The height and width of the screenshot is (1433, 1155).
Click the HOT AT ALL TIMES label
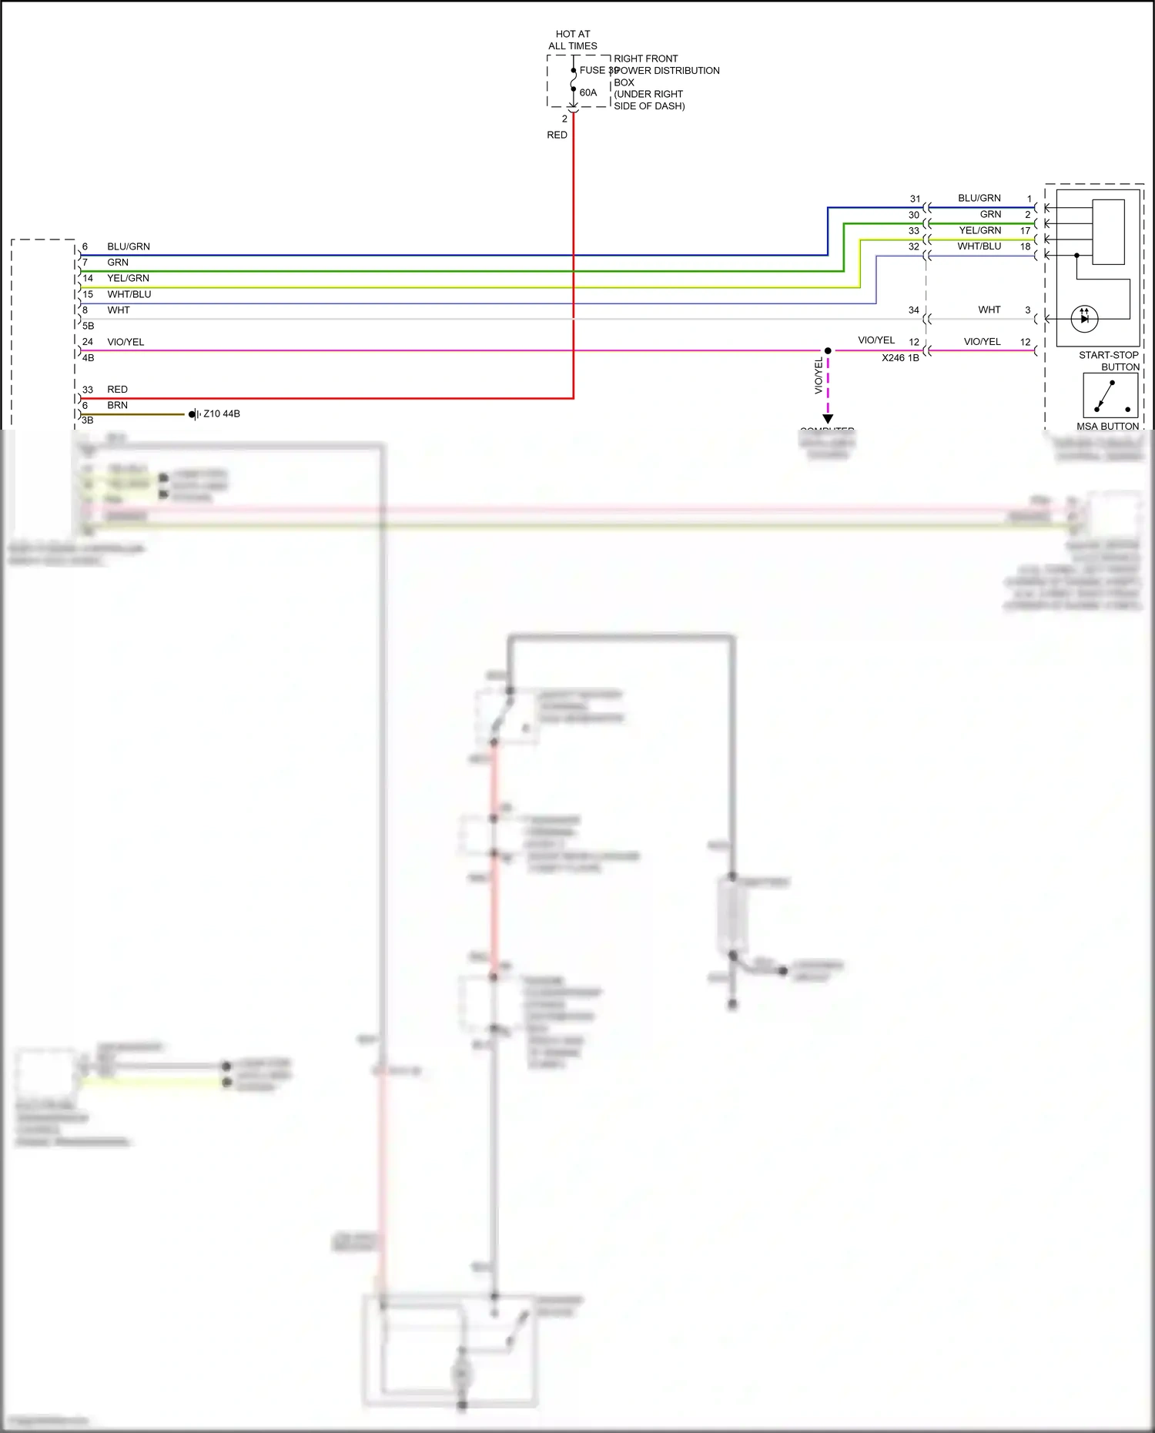[x=572, y=40]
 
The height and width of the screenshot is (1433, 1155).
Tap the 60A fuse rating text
[x=588, y=92]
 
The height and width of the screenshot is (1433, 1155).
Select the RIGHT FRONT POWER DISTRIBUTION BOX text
[x=666, y=82]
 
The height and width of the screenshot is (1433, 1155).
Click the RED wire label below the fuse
[x=557, y=135]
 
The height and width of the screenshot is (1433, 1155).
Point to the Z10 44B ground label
[x=222, y=413]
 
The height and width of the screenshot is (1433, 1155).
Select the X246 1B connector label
[x=900, y=358]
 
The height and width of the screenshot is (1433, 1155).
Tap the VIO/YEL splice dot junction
[x=828, y=350]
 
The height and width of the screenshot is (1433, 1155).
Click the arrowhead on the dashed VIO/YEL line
[x=828, y=419]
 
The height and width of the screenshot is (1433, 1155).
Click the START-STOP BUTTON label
[x=1108, y=360]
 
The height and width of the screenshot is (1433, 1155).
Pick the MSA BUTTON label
[x=1107, y=426]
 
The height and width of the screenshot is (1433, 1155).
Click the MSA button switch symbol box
[x=1110, y=396]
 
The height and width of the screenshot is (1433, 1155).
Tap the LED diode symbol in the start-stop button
[x=1084, y=317]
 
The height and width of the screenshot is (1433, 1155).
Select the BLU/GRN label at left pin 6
[x=129, y=246]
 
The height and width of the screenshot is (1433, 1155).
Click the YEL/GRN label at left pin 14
[x=128, y=278]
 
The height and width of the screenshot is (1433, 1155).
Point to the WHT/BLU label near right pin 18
[x=979, y=246]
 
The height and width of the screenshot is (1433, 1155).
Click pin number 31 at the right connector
[x=915, y=199]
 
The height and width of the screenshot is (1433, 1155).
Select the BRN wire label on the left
[x=117, y=405]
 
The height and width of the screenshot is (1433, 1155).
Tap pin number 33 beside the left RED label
[x=88, y=390]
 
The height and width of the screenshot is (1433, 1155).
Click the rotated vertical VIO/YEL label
[x=819, y=377]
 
